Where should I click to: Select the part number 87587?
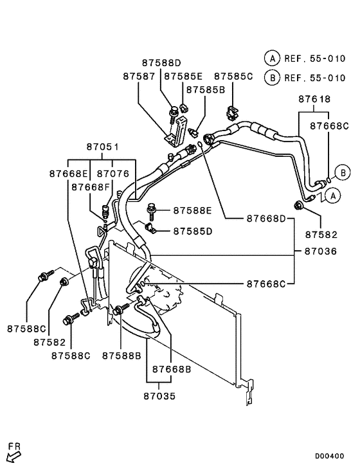tap(139, 77)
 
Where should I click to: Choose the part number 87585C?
tap(233, 77)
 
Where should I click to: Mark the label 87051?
tap(101, 147)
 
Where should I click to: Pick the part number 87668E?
tap(68, 174)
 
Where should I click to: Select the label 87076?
tap(113, 174)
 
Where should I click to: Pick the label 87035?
tap(160, 397)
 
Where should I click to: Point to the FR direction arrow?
tap(13, 455)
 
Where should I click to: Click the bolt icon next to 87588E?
tap(153, 209)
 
